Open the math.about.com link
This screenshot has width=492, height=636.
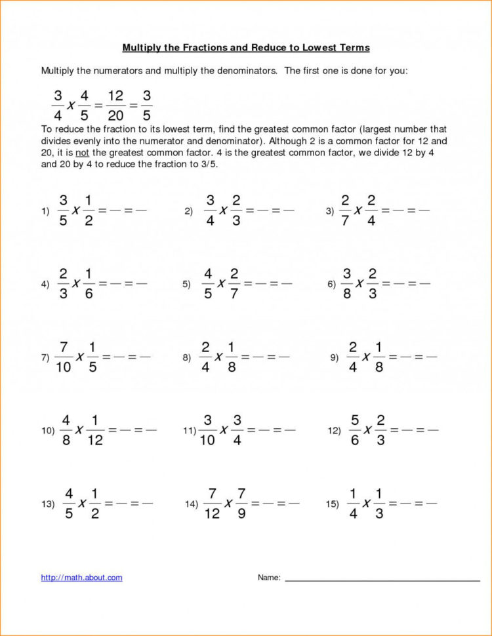tap(81, 578)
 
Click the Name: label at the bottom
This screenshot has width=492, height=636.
tap(269, 578)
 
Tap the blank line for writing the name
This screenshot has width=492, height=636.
tap(382, 580)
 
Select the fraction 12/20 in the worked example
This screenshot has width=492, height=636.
tap(115, 106)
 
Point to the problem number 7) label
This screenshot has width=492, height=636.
tap(45, 357)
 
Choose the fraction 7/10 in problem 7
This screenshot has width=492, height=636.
tap(64, 357)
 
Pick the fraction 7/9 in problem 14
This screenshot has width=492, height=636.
tap(241, 503)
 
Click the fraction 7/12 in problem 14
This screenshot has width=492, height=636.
tap(212, 503)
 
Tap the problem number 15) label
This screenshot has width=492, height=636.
tap(332, 504)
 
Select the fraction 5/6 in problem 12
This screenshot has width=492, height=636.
tap(355, 430)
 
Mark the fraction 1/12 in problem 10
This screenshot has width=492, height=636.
tap(95, 430)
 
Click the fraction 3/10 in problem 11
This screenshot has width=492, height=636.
tap(208, 430)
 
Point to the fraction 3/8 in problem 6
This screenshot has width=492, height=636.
tap(347, 283)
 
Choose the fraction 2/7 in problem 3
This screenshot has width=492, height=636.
tap(345, 210)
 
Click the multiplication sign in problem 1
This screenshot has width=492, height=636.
tap(76, 210)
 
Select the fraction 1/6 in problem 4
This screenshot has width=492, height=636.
tap(88, 283)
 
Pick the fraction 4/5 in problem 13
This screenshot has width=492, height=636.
tap(68, 503)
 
